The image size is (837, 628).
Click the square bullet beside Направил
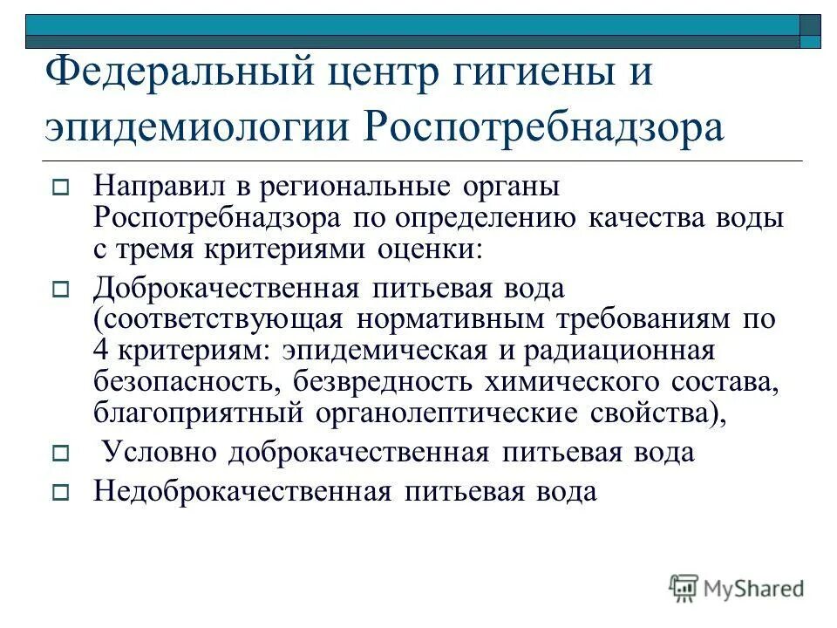tap(60, 186)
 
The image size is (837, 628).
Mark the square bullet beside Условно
tap(60, 453)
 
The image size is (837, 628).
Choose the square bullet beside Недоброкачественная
tap(60, 492)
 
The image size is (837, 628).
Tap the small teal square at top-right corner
tap(812, 41)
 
